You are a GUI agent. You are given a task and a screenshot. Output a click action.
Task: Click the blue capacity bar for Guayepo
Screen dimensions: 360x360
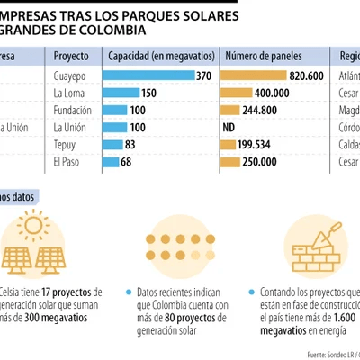coord(149,76)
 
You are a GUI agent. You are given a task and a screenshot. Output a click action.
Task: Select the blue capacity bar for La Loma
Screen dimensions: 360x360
coord(121,94)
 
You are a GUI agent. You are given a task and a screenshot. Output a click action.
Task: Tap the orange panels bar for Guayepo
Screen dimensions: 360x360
coord(254,76)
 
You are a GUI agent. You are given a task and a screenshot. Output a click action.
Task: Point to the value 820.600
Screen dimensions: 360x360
coord(306,76)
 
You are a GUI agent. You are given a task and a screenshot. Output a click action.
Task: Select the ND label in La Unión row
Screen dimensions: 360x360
coord(229,128)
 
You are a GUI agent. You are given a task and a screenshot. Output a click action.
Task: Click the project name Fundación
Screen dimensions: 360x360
coord(74,111)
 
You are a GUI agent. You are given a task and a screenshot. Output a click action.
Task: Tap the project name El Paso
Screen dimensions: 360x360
coord(67,162)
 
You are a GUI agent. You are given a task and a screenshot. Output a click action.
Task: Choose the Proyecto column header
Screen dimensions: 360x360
coord(71,56)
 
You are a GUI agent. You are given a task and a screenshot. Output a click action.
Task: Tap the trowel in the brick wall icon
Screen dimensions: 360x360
coord(328,231)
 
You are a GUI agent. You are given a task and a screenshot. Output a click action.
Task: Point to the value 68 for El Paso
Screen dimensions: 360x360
coord(126,162)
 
